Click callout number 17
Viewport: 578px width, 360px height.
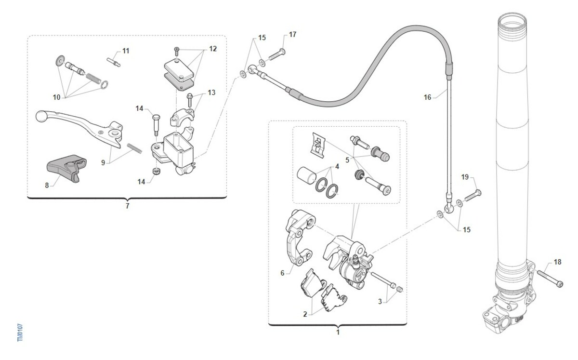(x=293, y=34)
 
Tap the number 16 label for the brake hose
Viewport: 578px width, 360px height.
(x=427, y=97)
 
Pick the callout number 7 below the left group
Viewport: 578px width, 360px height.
(x=127, y=206)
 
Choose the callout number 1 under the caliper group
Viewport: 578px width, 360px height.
(x=338, y=332)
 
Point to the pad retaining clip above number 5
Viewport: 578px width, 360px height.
(x=318, y=144)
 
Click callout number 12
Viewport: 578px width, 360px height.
(x=212, y=49)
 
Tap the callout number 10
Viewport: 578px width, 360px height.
(x=57, y=97)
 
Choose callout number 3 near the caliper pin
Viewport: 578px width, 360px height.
(x=380, y=302)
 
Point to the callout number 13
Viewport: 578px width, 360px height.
(x=212, y=92)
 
